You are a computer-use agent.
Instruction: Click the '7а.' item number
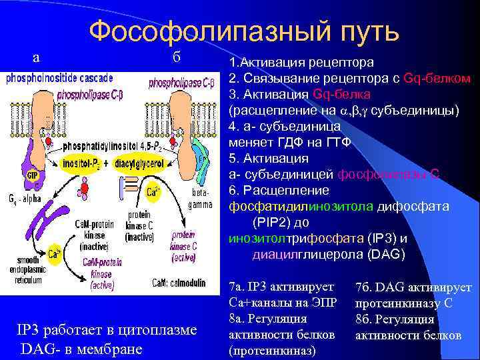point(237,287)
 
